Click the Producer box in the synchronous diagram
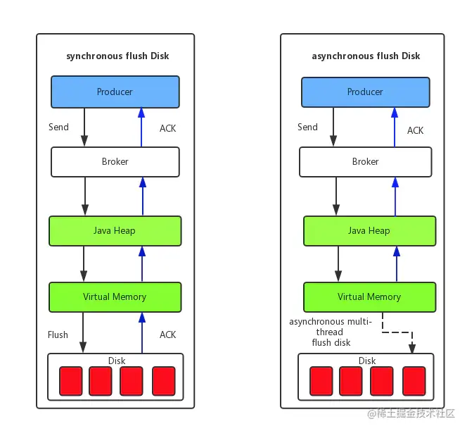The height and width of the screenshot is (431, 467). (x=115, y=92)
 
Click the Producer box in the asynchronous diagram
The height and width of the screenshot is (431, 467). (x=366, y=92)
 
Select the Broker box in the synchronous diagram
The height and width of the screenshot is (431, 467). (x=115, y=162)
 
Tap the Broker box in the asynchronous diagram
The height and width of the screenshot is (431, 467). (x=366, y=162)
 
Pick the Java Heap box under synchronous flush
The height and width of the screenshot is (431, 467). (x=115, y=231)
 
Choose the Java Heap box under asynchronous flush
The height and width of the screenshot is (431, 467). (x=370, y=231)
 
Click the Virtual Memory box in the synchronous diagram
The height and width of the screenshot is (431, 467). (x=115, y=297)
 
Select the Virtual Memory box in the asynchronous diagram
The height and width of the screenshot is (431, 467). (x=370, y=297)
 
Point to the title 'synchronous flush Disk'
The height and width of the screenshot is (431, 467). (x=117, y=56)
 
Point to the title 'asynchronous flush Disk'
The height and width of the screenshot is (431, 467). (x=366, y=56)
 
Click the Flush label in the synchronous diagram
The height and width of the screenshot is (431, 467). (x=58, y=335)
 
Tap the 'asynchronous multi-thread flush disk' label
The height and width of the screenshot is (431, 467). (x=331, y=332)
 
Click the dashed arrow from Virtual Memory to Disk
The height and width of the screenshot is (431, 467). (x=397, y=332)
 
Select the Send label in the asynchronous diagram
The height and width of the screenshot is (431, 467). (x=307, y=127)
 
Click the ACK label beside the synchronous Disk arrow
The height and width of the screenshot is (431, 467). (x=167, y=335)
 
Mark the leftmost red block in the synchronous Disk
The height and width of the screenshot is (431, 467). (x=71, y=381)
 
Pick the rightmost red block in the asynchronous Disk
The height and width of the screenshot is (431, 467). (x=414, y=381)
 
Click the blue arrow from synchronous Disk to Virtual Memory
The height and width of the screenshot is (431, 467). (x=142, y=333)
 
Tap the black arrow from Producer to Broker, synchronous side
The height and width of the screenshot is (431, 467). (x=84, y=127)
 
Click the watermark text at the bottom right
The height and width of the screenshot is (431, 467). (x=411, y=413)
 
